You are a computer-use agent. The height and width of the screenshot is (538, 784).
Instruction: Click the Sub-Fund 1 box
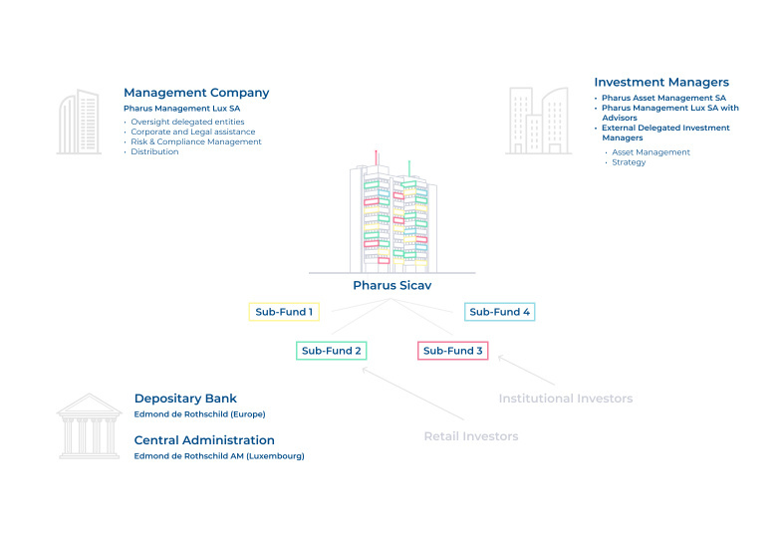283,312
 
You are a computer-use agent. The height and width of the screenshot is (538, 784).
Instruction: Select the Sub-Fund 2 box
332,351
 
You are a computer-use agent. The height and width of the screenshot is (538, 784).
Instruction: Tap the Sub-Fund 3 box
453,351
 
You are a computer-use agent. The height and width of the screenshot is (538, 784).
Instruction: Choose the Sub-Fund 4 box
500,312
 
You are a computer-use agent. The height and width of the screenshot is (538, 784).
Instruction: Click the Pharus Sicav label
392,285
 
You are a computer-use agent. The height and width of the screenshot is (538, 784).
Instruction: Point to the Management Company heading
196,93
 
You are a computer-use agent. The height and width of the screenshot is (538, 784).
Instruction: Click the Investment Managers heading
661,83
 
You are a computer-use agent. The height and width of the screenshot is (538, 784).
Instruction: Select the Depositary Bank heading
185,399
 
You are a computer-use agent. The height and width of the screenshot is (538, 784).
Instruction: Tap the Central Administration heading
204,440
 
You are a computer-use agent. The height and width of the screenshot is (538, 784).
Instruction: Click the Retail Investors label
471,436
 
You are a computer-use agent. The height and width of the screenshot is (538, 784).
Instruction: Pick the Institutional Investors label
565,399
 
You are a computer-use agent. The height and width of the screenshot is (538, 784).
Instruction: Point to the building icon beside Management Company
80,123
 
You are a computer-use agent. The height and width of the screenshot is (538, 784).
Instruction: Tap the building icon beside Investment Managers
538,121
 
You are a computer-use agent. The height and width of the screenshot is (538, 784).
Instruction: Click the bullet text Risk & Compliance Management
195,141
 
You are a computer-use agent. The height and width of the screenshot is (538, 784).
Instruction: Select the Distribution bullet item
154,151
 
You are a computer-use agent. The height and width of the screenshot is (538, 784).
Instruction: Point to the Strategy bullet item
629,161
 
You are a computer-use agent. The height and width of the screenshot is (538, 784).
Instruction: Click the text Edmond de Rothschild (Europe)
200,413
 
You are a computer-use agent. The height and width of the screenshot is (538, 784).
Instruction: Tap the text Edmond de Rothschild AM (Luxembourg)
219,456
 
